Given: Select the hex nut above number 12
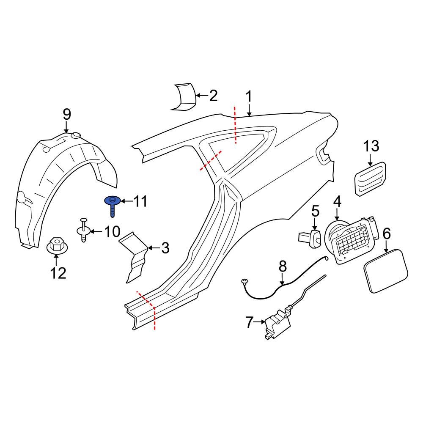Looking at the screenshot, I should [x=55, y=245].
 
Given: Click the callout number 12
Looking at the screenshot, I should [x=58, y=273].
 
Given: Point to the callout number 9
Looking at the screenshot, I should [x=67, y=114].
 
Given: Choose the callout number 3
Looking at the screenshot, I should [x=165, y=248].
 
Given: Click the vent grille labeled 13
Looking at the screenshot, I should [x=369, y=179].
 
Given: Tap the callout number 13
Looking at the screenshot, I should [x=371, y=146].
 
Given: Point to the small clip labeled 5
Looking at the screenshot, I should [x=311, y=237].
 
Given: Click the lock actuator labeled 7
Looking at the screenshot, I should [x=277, y=324].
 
